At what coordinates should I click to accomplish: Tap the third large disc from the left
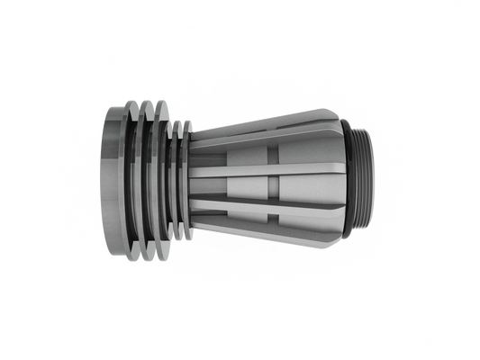point(161,180)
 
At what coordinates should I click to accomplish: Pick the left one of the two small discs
point(177,180)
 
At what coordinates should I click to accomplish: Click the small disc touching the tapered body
point(186,180)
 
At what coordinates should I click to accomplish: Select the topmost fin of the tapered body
point(270,122)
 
